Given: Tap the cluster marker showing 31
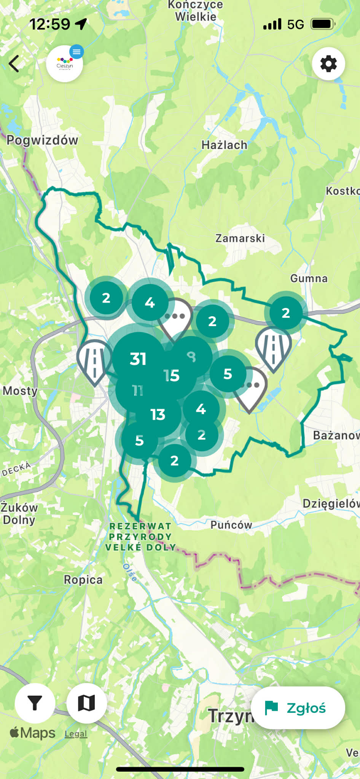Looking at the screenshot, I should pos(138,358).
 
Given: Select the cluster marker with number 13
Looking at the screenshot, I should pos(158,414).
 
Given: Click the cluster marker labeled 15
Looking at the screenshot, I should pos(172,376).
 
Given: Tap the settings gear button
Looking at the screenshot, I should pos(328,64).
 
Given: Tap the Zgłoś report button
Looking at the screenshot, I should pos(298,708).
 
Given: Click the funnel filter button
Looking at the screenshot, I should pos(35,703).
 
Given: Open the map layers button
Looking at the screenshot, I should pos(86,703).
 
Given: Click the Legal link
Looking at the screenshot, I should pos(76,734).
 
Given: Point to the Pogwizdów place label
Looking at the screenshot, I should pos(42,140).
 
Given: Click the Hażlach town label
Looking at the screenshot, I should pos(224,145).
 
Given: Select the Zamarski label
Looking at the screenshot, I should pos(240,239).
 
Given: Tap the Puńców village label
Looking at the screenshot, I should pos(231,525).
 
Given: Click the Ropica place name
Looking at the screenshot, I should pos(83,580).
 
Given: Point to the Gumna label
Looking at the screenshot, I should pos(309,279).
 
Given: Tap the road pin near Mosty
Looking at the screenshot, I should pos(94,359).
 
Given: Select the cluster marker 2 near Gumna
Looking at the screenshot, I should pos(286,313).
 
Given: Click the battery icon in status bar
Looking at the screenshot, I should pos(323,24).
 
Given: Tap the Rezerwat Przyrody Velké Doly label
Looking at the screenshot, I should pos(140,537).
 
